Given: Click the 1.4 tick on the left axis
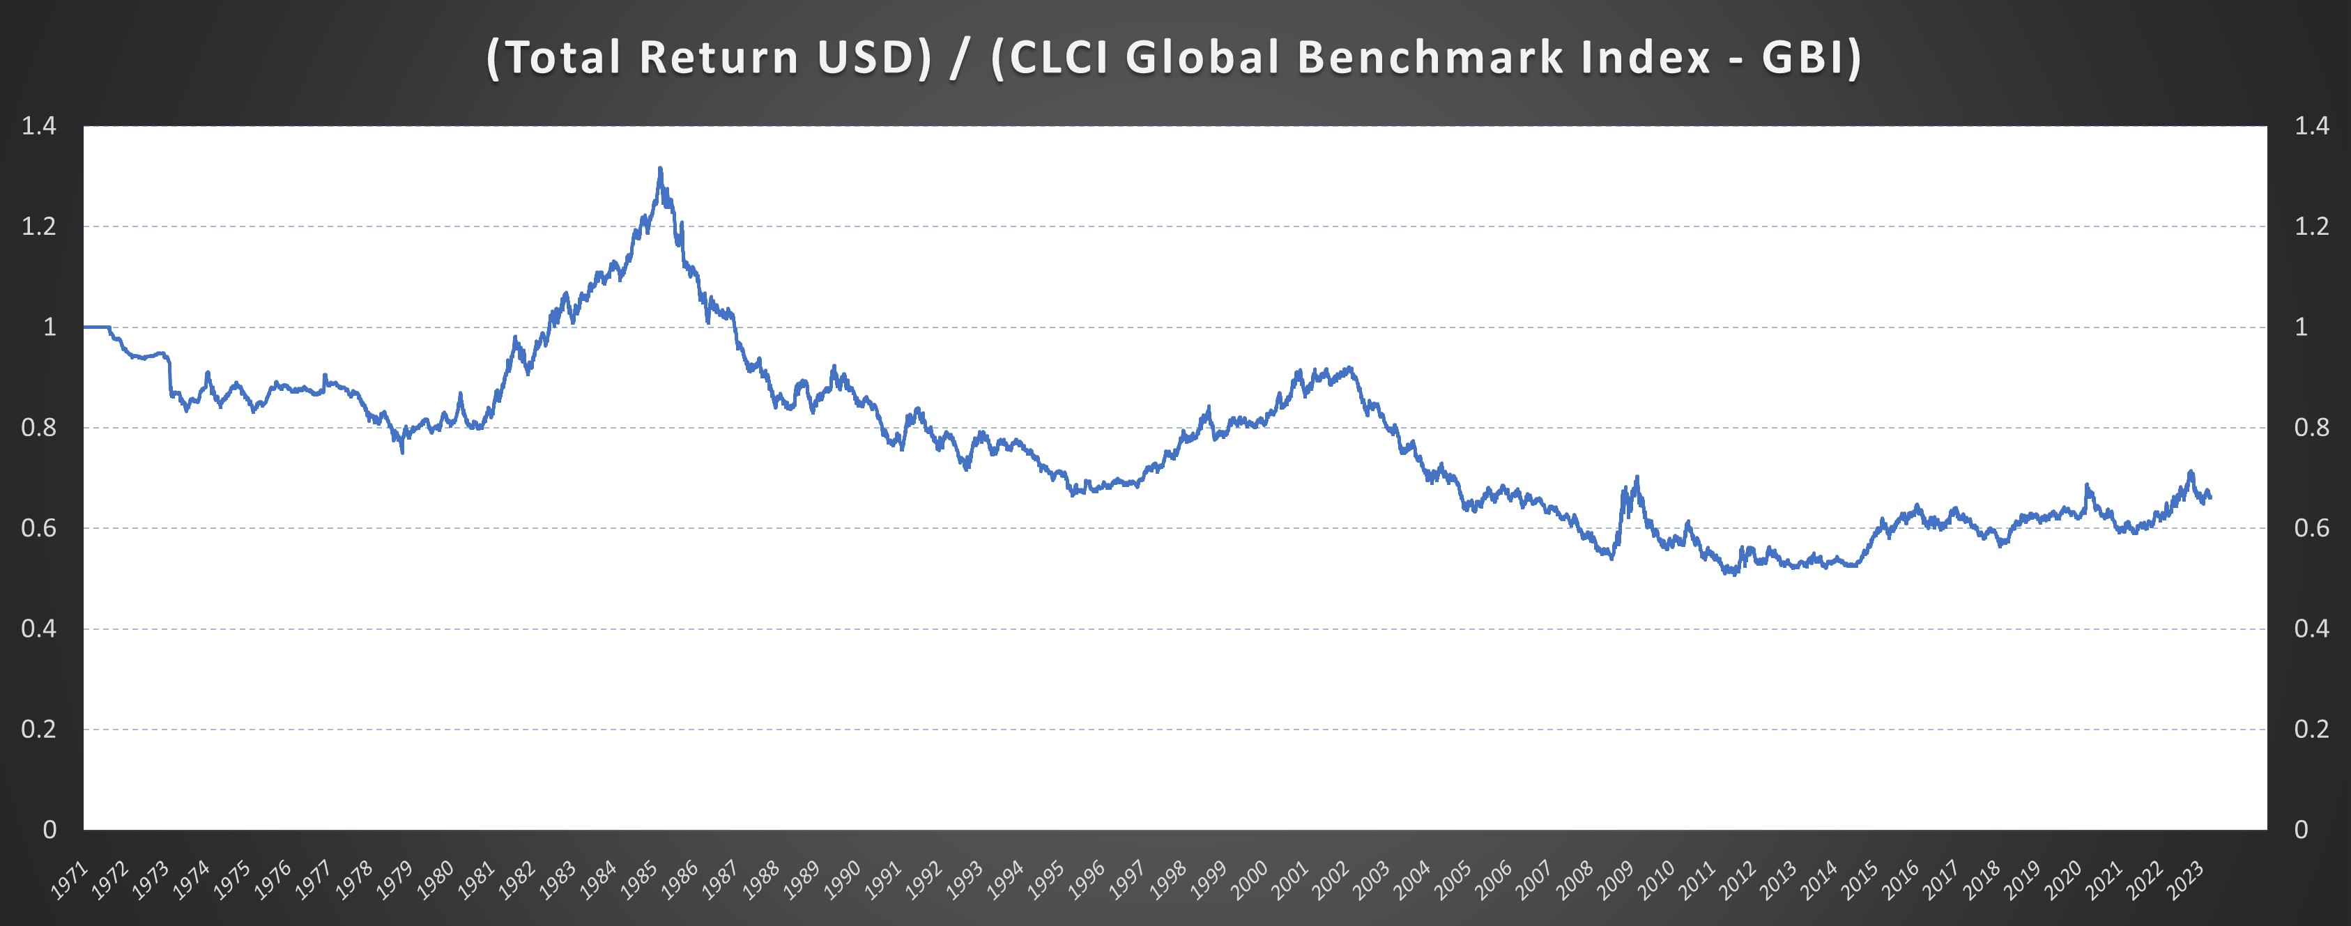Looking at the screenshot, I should (x=38, y=126).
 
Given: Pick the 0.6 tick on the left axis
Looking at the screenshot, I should (x=38, y=528).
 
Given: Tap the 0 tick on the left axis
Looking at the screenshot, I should (x=49, y=829).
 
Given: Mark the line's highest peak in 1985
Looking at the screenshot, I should (x=660, y=169).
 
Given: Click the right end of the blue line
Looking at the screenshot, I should (x=2210, y=497).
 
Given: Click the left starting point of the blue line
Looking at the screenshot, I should (x=85, y=327).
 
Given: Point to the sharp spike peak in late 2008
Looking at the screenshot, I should (x=1637, y=477).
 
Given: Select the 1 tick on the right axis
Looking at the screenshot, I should (x=2302, y=327).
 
